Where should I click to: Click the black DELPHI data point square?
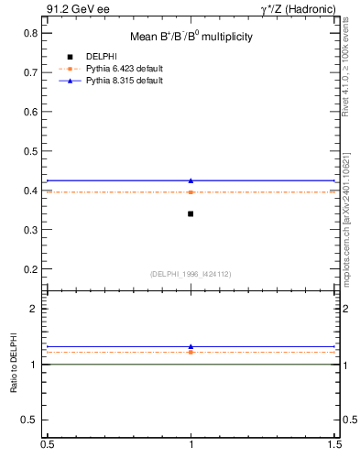pos(191,213)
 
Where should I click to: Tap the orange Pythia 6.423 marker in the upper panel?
pos(191,191)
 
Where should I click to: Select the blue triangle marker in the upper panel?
pos(191,180)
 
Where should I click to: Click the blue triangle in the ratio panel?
pos(191,346)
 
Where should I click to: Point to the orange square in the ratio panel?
pos(191,352)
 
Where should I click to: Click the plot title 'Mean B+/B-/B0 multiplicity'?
pos(191,37)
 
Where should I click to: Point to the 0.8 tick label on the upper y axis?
pos(31,33)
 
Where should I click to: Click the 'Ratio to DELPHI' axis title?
pos(14,365)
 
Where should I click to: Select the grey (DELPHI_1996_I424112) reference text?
pos(191,274)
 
